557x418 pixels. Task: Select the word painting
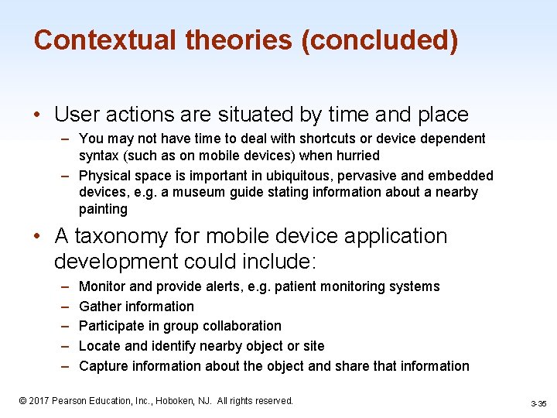click(103, 209)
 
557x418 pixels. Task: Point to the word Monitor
click(104, 286)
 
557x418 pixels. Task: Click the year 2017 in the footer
click(41, 401)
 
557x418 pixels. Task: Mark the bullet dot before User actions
click(38, 115)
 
